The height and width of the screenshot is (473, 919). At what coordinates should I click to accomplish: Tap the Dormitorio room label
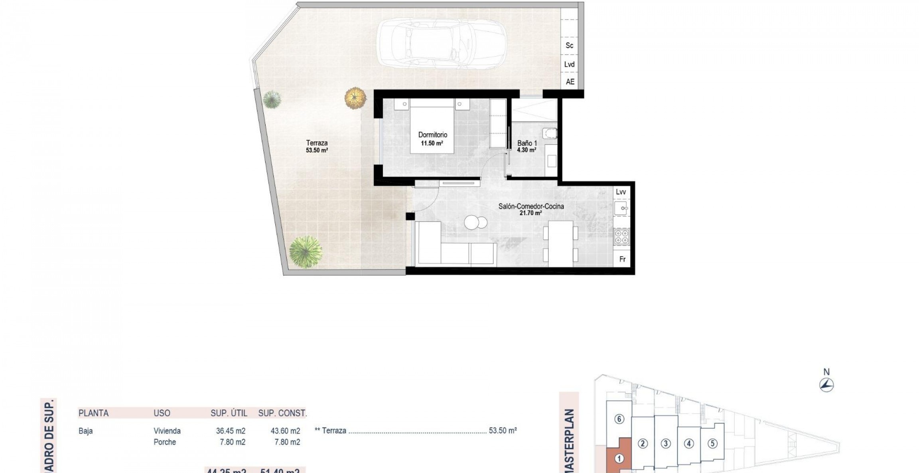pos(432,135)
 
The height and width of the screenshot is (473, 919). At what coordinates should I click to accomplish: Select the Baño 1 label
pos(527,143)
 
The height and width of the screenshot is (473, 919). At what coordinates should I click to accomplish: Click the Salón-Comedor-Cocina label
pos(531,206)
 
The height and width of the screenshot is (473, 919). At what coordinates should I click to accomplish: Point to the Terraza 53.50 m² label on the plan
pos(317,146)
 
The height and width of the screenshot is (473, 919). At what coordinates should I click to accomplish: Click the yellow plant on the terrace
pos(355,98)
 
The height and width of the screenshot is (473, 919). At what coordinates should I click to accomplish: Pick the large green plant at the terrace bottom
pos(306,252)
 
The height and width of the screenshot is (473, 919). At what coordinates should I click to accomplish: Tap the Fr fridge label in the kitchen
pos(622,259)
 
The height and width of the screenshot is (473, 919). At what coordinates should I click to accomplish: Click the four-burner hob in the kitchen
pos(621,237)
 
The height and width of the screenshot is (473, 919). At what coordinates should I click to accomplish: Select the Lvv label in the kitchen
pos(621,192)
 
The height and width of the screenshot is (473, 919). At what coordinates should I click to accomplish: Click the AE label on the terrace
pos(570,82)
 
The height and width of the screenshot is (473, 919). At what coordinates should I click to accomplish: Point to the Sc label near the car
pos(569,46)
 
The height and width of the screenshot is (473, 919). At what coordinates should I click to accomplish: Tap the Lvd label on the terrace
pos(569,64)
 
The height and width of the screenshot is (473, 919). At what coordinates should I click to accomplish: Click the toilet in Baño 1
pos(550,133)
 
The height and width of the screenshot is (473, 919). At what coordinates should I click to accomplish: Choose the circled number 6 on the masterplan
pos(619,420)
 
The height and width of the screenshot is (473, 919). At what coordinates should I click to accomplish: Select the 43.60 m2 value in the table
pos(285,431)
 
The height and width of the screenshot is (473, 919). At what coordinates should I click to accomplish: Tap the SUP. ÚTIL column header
pos(229,414)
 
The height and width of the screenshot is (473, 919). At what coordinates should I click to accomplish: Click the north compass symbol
pos(826,385)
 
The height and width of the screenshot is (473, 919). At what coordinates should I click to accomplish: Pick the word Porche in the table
pos(165,442)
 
